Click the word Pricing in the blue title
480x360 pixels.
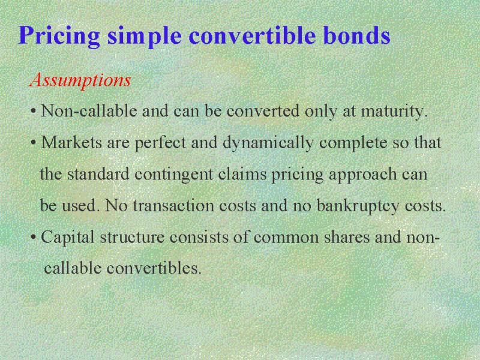pos(59,36)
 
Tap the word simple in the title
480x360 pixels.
pos(145,36)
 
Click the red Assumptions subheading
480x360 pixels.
pos(80,80)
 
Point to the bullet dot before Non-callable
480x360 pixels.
pos(34,112)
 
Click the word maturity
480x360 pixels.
pos(394,112)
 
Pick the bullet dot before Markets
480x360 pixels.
pos(34,143)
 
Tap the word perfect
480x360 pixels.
pos(160,143)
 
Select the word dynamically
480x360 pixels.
pos(268,143)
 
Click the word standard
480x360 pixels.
pos(98,174)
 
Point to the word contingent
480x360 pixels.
pos(173,175)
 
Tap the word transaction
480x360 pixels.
pos(173,206)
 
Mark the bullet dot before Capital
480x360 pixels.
pos(34,238)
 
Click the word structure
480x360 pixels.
pos(132,238)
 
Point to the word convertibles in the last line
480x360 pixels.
pos(154,268)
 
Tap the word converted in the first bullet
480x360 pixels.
pos(263,112)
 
